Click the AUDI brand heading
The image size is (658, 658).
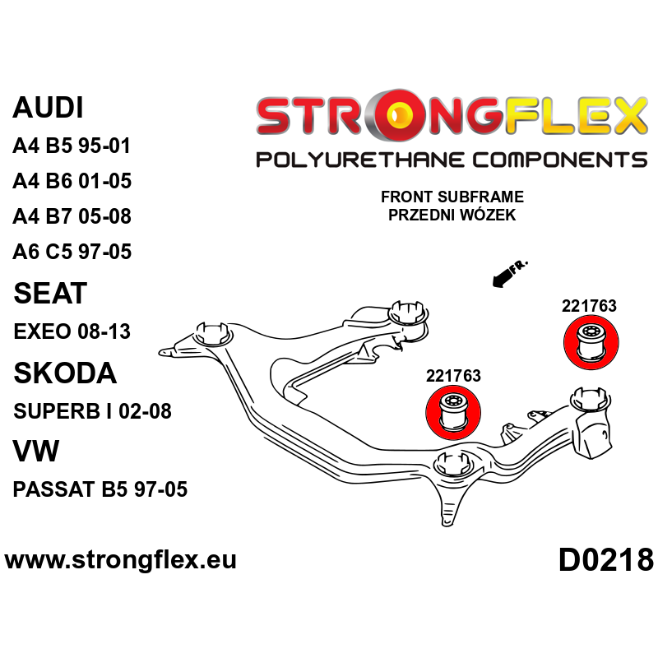49,109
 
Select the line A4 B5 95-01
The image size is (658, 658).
72,146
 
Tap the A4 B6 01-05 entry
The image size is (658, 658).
72,182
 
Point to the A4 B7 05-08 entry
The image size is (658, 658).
72,217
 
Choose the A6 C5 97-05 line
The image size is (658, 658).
72,252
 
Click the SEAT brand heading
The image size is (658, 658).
50,294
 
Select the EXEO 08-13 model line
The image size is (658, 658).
72,332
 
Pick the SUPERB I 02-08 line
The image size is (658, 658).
92,411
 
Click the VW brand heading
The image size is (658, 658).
35,451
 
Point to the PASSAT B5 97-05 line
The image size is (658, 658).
100,490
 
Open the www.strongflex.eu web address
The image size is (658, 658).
121,560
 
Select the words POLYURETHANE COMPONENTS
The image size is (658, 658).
451,160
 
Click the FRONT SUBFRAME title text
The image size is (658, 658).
452,198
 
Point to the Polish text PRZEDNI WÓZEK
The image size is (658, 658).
452,215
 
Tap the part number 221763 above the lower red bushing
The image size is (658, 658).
453,376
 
